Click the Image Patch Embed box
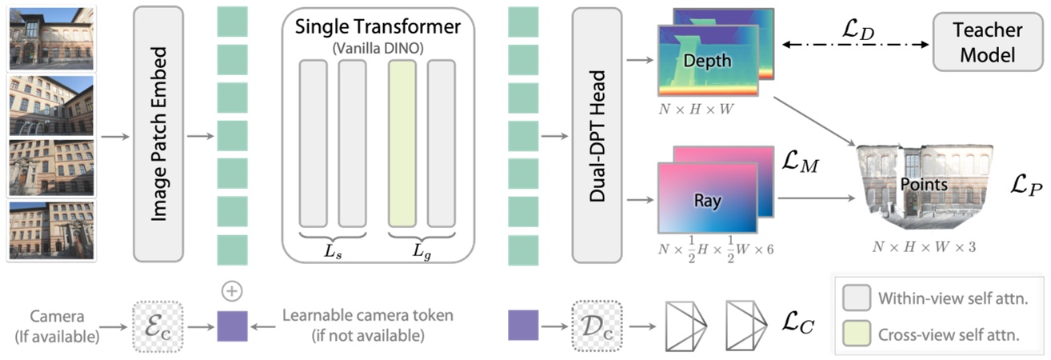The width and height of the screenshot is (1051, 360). pyautogui.click(x=159, y=133)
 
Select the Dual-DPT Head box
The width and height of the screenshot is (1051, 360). pyautogui.click(x=597, y=133)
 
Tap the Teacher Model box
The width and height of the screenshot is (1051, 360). pyautogui.click(x=985, y=43)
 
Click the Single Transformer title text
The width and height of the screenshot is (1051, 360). pyautogui.click(x=378, y=26)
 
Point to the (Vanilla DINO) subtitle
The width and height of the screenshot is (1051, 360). pyautogui.click(x=378, y=46)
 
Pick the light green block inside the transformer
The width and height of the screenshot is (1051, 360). pyautogui.click(x=402, y=143)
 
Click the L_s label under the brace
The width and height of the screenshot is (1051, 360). pyautogui.click(x=332, y=250)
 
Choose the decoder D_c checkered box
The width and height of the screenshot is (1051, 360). pyautogui.click(x=594, y=326)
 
